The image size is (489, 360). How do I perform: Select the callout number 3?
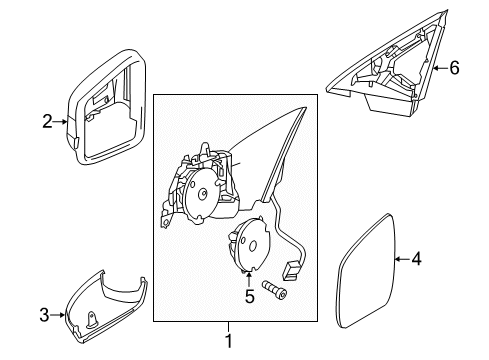coord(44,316)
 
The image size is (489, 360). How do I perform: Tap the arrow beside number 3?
coord(58,316)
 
